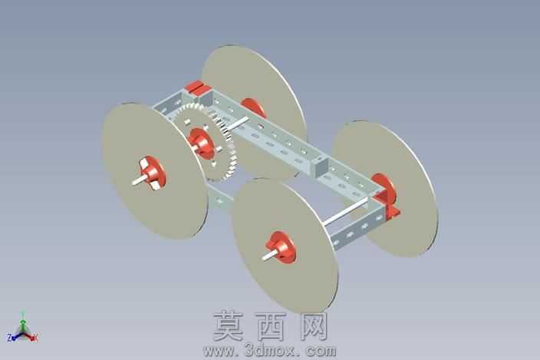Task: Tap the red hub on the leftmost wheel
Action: click(x=153, y=173)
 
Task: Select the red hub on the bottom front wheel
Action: click(x=282, y=247)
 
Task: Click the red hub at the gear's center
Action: click(x=201, y=144)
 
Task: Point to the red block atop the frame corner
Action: click(x=196, y=87)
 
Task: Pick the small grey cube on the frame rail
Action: click(x=321, y=165)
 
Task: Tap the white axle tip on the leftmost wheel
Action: click(x=140, y=180)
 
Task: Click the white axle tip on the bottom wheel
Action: click(x=269, y=256)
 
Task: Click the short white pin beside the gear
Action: click(x=238, y=124)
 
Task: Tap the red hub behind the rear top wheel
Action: click(x=253, y=107)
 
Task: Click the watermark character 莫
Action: click(x=229, y=326)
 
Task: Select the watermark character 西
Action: click(x=270, y=326)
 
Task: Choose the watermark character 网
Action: click(x=314, y=326)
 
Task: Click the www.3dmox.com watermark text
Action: click(x=270, y=351)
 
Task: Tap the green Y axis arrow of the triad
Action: click(x=23, y=320)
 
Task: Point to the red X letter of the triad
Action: click(x=35, y=338)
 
